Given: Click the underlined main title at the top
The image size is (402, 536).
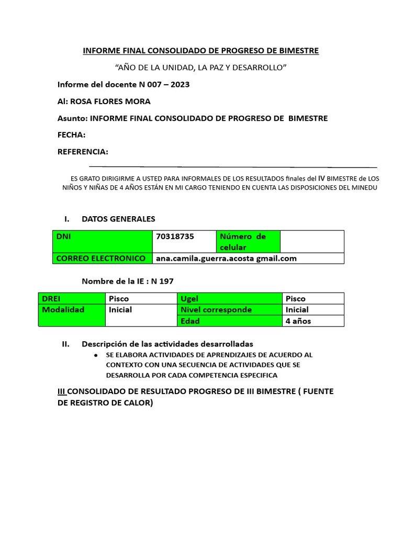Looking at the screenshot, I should click(x=200, y=51).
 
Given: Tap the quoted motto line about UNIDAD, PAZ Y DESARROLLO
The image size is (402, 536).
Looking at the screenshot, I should click(x=200, y=68).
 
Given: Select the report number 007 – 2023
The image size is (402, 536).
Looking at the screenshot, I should click(x=169, y=84).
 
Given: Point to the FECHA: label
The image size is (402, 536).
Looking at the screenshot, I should click(x=71, y=135).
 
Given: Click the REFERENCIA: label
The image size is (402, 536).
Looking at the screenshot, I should click(x=83, y=152).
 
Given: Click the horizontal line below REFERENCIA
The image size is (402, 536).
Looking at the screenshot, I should click(x=233, y=166).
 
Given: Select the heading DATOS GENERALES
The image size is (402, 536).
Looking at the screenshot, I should click(x=118, y=219).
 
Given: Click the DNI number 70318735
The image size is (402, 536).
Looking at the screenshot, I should click(x=175, y=237).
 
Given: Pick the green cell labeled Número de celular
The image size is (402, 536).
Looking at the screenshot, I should click(x=248, y=241).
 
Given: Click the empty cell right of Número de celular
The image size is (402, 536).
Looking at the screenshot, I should click(x=312, y=241).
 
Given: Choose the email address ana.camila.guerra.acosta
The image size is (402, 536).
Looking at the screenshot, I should click(x=226, y=258).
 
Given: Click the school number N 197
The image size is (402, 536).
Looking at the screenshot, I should click(x=162, y=281).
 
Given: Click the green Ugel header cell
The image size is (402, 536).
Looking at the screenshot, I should click(x=229, y=298).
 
